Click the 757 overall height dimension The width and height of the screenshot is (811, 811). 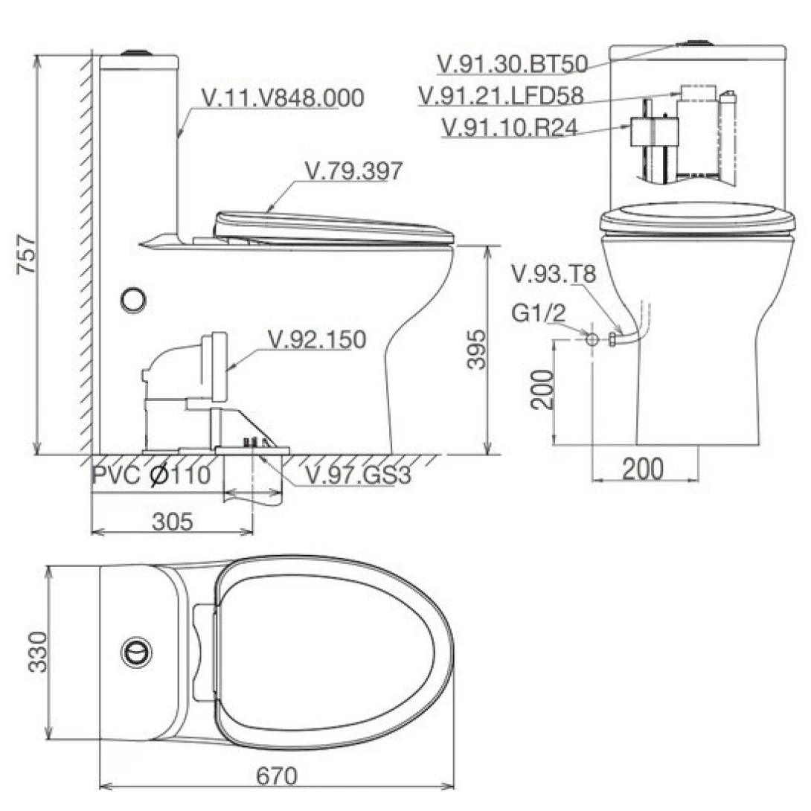click(x=26, y=254)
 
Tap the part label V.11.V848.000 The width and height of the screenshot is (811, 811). click(x=283, y=98)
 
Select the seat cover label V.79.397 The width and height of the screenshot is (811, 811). click(x=353, y=171)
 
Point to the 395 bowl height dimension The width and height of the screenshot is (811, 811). click(x=476, y=349)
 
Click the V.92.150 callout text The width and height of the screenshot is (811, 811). click(x=316, y=339)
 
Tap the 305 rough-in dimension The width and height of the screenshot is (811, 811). click(x=172, y=522)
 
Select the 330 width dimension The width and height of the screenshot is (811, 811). click(x=38, y=651)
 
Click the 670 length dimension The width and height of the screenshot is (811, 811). click(x=277, y=776)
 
